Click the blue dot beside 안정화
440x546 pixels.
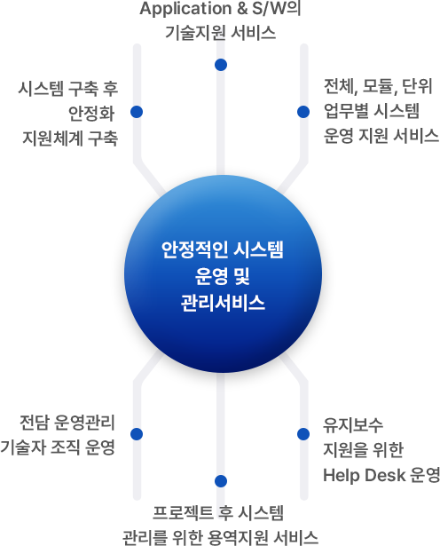(x=137, y=112)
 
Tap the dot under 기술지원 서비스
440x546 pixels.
(x=221, y=65)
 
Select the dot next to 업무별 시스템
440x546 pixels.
(x=303, y=112)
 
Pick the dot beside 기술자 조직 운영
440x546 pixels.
(x=137, y=434)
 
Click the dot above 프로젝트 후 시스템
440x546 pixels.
(x=221, y=481)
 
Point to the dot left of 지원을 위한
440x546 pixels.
(x=303, y=434)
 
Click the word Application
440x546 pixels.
(x=186, y=9)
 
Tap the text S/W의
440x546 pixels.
(x=276, y=8)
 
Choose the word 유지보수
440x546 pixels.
(x=353, y=425)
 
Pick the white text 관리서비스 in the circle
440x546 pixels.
(x=223, y=303)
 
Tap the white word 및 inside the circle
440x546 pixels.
(x=242, y=276)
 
